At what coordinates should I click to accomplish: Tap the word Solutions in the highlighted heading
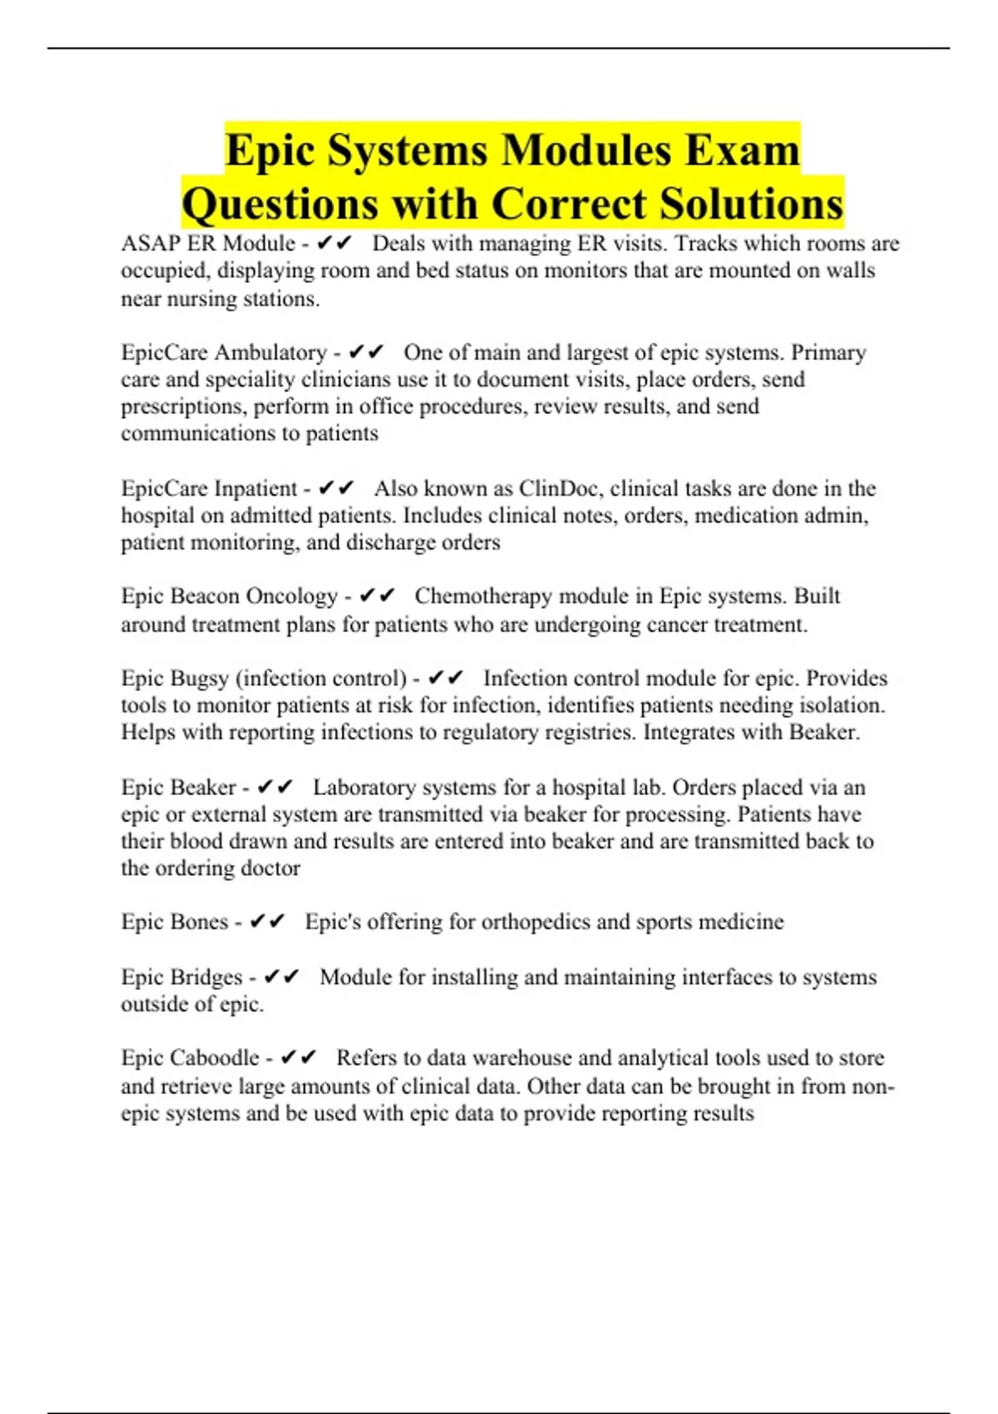tap(751, 205)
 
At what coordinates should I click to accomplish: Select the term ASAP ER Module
tap(208, 244)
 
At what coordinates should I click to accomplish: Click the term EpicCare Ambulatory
tap(224, 353)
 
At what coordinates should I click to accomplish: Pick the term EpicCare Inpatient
tap(209, 488)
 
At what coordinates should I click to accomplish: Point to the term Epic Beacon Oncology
tap(229, 596)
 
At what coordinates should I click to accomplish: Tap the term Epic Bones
tap(174, 922)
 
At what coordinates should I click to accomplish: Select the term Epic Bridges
tap(181, 976)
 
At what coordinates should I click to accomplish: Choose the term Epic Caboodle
tap(190, 1058)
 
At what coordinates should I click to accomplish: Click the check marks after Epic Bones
tap(267, 922)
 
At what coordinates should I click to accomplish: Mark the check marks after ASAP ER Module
tap(334, 244)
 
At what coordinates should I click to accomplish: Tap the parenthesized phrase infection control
tap(321, 679)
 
